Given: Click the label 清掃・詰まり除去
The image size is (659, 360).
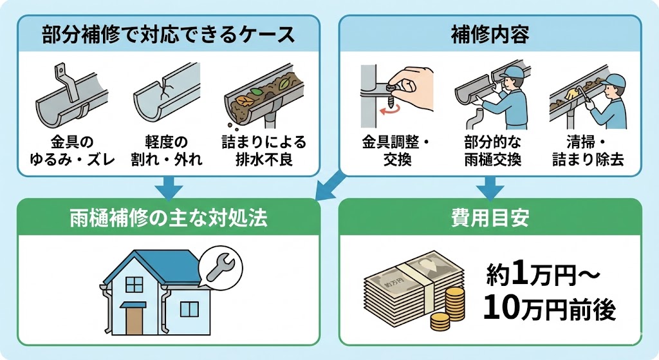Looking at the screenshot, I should coord(588,149).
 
